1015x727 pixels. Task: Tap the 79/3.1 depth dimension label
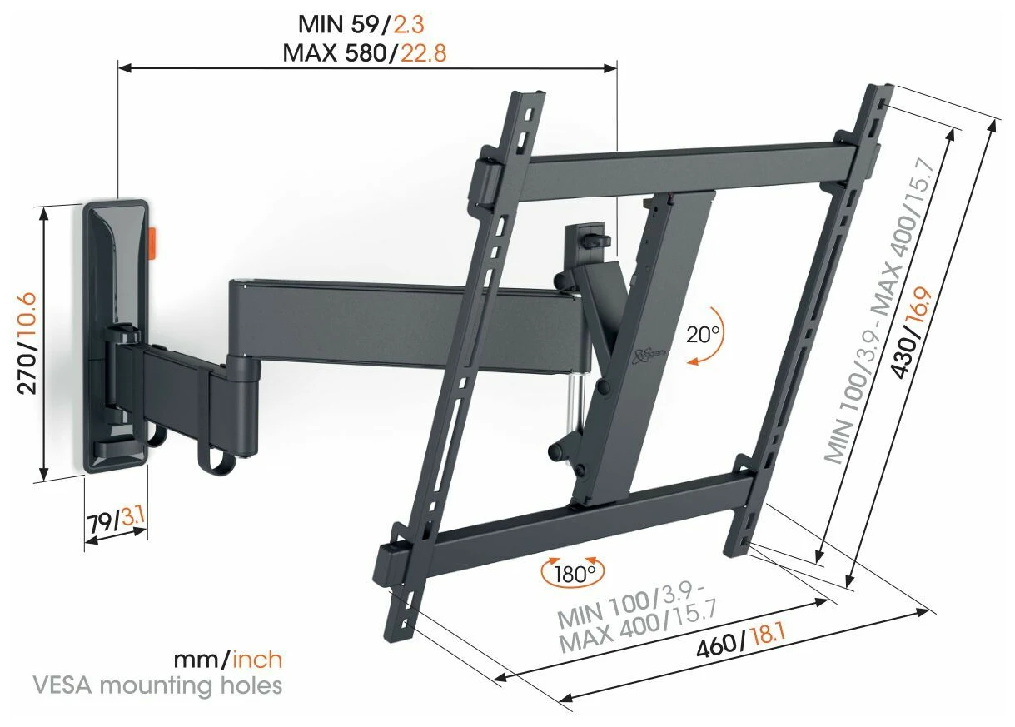tap(117, 523)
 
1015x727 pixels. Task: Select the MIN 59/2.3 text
tap(361, 24)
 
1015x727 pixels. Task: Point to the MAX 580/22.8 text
tap(365, 53)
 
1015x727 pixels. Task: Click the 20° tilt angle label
tap(703, 335)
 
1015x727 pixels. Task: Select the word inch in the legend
tap(257, 660)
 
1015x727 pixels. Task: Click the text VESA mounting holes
tap(157, 685)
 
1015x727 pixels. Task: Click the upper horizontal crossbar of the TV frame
tap(689, 168)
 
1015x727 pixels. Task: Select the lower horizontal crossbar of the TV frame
tap(589, 527)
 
